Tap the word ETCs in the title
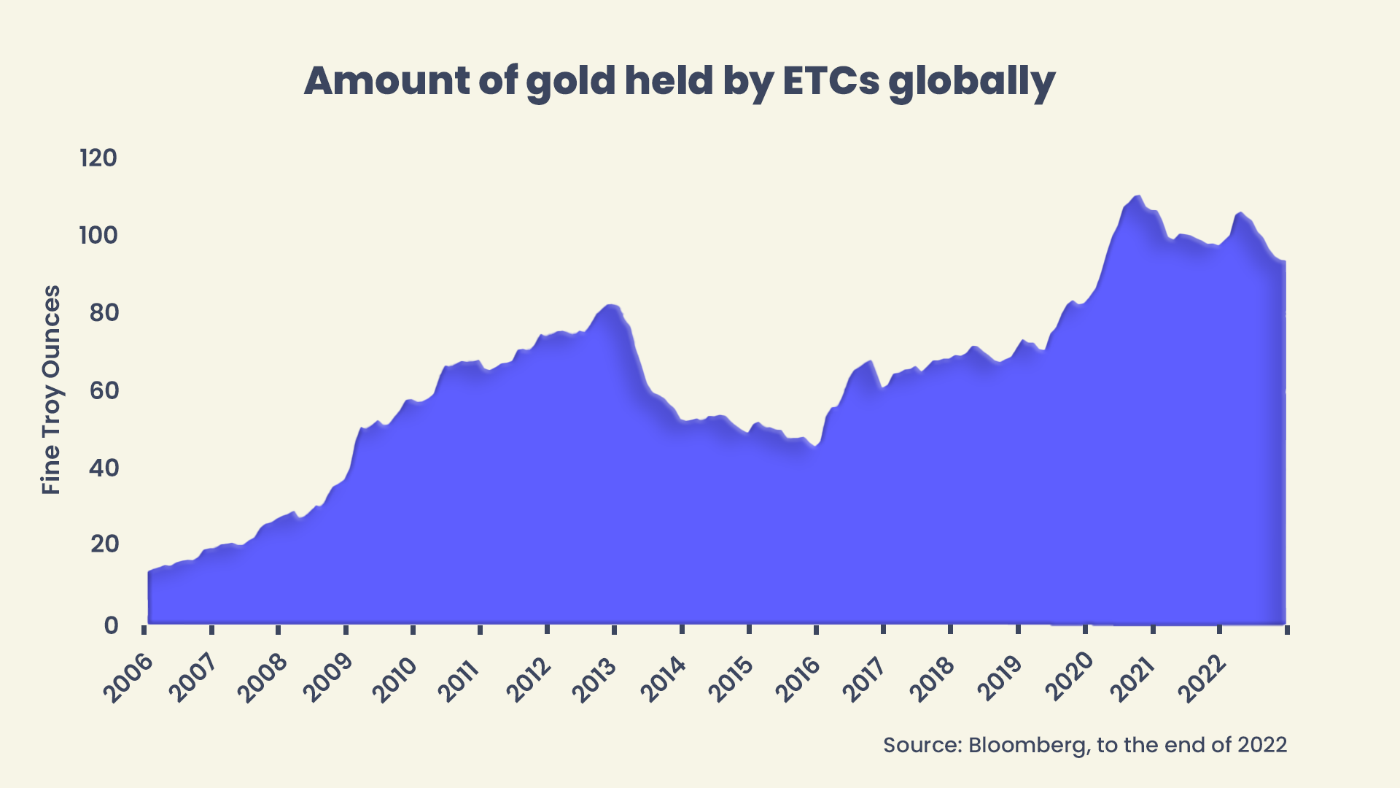[x=831, y=81]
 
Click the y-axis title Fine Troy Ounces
[x=51, y=390]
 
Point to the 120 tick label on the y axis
[x=98, y=158]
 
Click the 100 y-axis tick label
[x=98, y=235]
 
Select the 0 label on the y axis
[x=111, y=625]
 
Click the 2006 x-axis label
[x=128, y=678]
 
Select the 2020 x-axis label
[x=1069, y=678]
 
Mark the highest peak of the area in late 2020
[x=1137, y=196]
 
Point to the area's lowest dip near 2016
[x=814, y=446]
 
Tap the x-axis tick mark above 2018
[x=951, y=630]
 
